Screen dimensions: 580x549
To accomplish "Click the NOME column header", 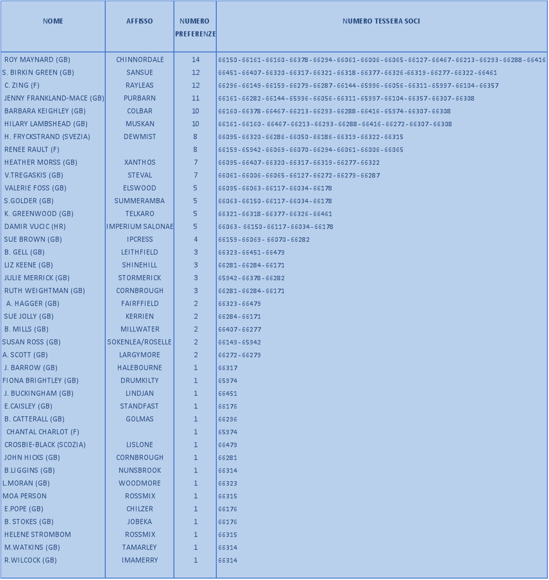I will click(x=53, y=21).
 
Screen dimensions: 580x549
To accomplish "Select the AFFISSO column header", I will click(x=140, y=21).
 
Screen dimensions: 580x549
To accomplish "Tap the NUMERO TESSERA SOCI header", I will click(x=381, y=21).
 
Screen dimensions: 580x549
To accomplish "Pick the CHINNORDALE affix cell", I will click(x=140, y=60).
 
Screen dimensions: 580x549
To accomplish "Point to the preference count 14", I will click(x=195, y=60).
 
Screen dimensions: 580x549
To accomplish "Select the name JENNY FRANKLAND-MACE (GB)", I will click(x=54, y=98).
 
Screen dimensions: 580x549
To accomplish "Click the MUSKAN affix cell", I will click(x=140, y=124).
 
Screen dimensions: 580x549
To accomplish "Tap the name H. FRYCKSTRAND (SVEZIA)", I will click(x=47, y=137).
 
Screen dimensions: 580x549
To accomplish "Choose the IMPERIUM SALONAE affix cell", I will click(x=140, y=226).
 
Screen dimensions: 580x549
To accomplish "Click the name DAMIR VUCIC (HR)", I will click(x=35, y=226).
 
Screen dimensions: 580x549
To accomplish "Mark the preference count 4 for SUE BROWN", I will click(x=195, y=239).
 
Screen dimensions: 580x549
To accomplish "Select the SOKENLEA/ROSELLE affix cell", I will click(x=140, y=342).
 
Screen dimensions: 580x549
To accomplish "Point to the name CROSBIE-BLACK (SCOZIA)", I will click(x=45, y=445).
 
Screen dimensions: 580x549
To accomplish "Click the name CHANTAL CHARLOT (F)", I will click(x=43, y=432).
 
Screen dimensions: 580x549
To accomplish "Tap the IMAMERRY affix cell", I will click(x=140, y=560).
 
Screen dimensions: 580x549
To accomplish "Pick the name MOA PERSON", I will click(x=25, y=496).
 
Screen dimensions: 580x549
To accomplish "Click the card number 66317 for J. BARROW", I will click(x=228, y=368).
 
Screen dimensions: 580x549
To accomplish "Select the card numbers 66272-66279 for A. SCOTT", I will click(x=239, y=355).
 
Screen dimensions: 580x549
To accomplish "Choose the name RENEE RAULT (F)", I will click(x=32, y=149).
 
